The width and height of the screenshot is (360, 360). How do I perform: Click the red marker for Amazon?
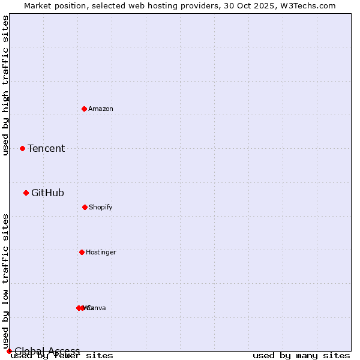pyautogui.click(x=84, y=109)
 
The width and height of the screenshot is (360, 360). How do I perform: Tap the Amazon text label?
pyautogui.click(x=101, y=109)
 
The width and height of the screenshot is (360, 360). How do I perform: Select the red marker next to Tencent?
pyautogui.click(x=22, y=148)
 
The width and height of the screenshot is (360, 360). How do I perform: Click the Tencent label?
pyautogui.click(x=46, y=148)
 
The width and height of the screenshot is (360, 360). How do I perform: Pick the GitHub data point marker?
pyautogui.click(x=26, y=193)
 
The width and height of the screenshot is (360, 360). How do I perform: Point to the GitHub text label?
pyautogui.click(x=47, y=193)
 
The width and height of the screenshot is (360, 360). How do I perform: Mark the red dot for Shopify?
pyautogui.click(x=85, y=207)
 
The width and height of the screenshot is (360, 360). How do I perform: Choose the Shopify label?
pyautogui.click(x=101, y=207)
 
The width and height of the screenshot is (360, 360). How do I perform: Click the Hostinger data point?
pyautogui.click(x=82, y=252)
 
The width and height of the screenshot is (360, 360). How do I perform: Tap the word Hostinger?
pyautogui.click(x=101, y=252)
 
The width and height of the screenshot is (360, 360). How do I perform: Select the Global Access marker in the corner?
pyautogui.click(x=9, y=351)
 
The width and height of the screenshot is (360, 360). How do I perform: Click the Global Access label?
pyautogui.click(x=47, y=351)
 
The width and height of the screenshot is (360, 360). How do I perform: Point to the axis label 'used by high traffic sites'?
pyautogui.click(x=5, y=85)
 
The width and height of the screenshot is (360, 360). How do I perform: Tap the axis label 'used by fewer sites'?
pyautogui.click(x=62, y=356)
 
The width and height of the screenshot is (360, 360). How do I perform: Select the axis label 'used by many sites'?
pyautogui.click(x=301, y=356)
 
